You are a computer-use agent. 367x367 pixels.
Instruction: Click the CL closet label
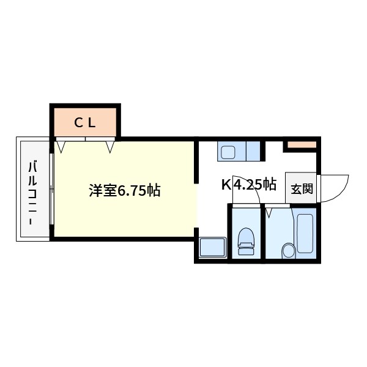[x=85, y=122]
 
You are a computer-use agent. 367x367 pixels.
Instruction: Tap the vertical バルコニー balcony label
[x=33, y=190]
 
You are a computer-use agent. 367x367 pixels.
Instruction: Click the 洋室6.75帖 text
[x=125, y=191]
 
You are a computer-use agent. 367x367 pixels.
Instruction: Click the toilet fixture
[x=246, y=241]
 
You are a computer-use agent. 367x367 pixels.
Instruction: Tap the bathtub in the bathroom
[x=304, y=234]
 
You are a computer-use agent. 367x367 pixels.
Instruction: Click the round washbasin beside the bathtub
[x=287, y=251]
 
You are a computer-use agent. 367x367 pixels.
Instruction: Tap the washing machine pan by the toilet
[x=212, y=248]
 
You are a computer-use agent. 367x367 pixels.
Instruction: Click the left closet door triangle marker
[x=62, y=146]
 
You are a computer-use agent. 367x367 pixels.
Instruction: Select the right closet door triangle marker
[x=110, y=146]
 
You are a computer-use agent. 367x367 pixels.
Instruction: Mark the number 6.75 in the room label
[x=131, y=191]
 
